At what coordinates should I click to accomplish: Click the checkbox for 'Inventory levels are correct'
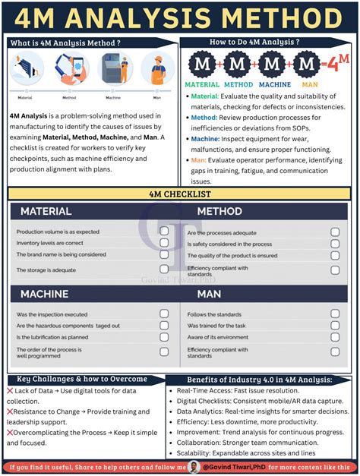(164, 243)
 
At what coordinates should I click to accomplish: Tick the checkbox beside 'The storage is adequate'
(164, 269)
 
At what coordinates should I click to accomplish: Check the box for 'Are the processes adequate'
(335, 232)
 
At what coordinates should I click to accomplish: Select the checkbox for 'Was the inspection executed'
(164, 314)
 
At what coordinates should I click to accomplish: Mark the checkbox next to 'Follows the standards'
(335, 314)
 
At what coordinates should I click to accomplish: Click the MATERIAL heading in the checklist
(46, 211)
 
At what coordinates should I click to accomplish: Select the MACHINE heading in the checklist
(45, 293)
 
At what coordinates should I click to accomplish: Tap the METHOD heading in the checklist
(219, 211)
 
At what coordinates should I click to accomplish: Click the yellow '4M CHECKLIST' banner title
(179, 194)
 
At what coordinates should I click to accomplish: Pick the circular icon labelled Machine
(114, 68)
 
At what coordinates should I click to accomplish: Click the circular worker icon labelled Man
(157, 68)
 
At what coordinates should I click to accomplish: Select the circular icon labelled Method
(70, 68)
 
